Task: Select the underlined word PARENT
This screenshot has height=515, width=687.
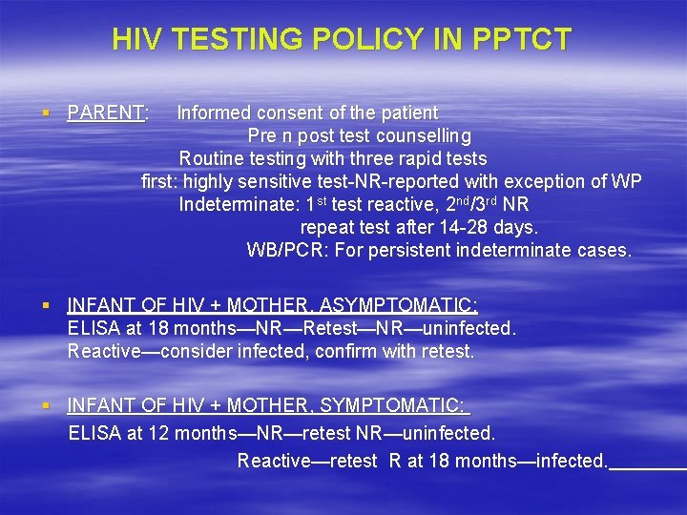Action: tap(106, 113)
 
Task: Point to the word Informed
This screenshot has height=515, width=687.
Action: tap(214, 113)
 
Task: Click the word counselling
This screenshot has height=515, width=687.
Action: tap(424, 136)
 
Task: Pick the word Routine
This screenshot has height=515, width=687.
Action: tap(212, 159)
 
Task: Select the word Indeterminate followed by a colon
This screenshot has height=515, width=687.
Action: tap(239, 205)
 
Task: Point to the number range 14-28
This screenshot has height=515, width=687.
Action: tap(453, 228)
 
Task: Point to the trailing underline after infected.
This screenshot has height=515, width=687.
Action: tap(647, 466)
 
